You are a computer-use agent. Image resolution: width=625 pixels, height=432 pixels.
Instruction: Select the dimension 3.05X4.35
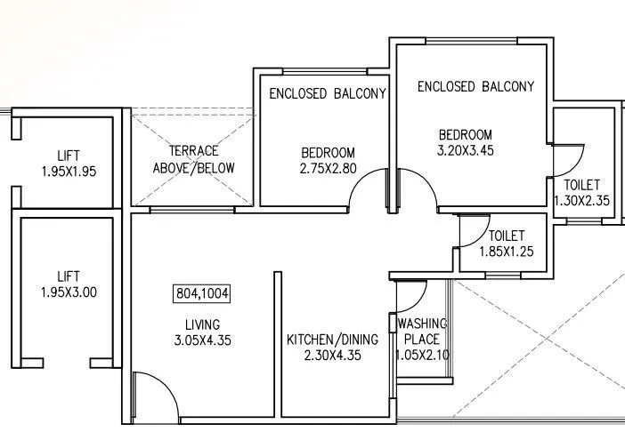click(x=203, y=340)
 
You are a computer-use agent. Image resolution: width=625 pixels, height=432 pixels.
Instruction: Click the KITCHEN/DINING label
click(x=332, y=340)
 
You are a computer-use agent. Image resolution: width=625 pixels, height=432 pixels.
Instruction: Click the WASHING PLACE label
click(x=422, y=331)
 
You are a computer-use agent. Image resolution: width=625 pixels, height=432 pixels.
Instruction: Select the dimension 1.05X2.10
click(x=421, y=355)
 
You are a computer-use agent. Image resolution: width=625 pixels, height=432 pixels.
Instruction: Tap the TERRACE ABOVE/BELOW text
click(x=194, y=159)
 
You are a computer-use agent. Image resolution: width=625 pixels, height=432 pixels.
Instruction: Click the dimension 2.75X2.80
click(x=328, y=167)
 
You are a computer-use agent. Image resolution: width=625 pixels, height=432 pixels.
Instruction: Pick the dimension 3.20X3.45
click(x=466, y=150)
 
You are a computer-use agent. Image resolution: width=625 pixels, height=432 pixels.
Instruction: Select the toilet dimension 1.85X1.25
click(x=506, y=252)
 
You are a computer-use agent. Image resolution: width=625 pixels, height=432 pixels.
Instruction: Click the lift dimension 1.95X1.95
click(x=68, y=171)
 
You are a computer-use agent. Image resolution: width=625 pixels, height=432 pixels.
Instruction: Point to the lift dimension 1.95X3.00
click(x=68, y=292)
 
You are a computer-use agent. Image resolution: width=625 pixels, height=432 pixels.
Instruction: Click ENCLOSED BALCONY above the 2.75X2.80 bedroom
click(x=328, y=93)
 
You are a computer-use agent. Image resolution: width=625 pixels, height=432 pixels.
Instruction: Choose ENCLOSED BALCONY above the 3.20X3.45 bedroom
click(x=475, y=87)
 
